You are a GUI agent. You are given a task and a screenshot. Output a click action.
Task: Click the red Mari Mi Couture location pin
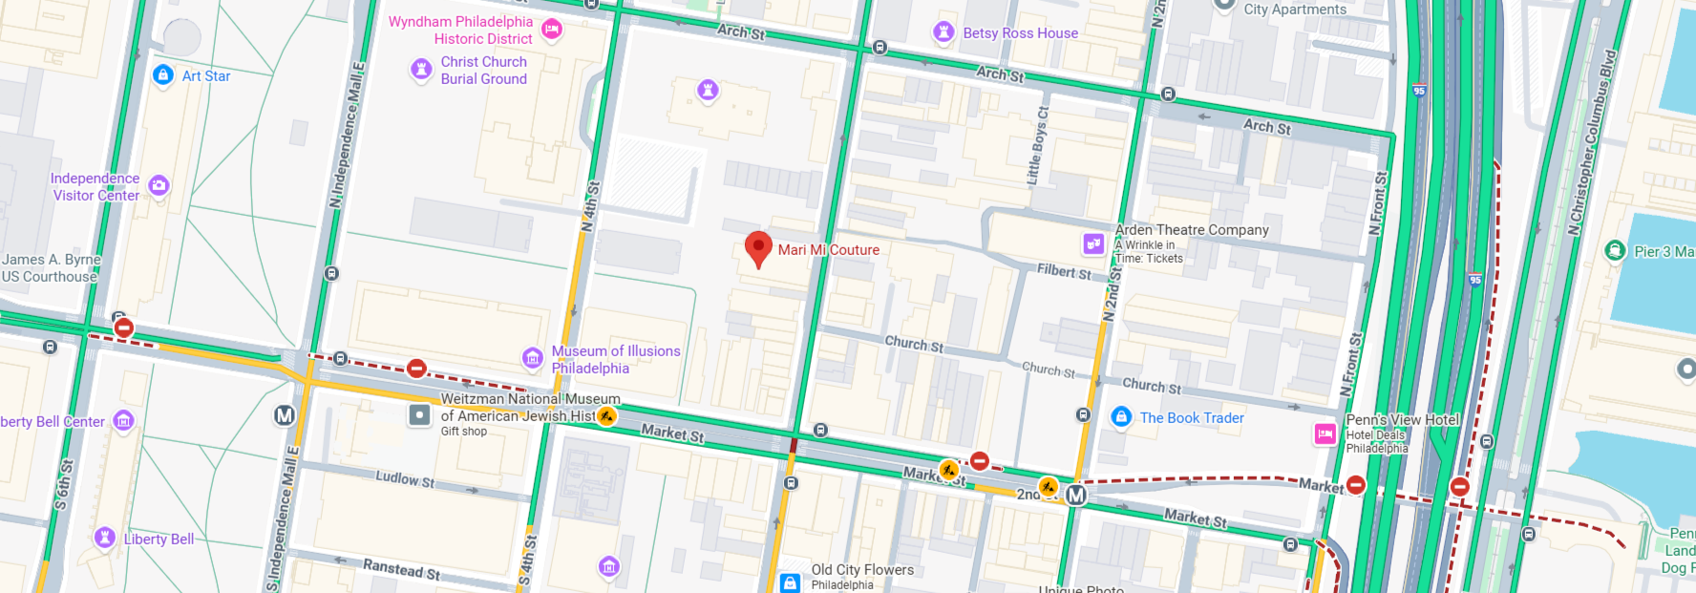(x=758, y=247)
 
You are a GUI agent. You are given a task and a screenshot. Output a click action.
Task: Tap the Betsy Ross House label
(x=1020, y=33)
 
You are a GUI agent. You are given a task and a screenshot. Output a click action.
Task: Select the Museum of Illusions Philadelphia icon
(x=533, y=358)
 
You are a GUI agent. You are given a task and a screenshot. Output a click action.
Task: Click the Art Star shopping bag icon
(x=163, y=74)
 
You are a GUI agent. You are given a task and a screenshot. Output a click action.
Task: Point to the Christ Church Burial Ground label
(x=483, y=71)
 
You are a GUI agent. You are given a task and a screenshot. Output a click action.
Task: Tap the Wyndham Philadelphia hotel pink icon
(x=552, y=30)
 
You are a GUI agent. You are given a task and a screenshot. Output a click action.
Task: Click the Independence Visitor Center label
(x=95, y=187)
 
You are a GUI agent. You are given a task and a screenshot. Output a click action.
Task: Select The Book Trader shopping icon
(x=1121, y=417)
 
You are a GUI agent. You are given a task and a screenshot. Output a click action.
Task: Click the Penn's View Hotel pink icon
(x=1325, y=434)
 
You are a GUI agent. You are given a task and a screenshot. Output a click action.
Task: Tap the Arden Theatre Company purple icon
(x=1093, y=244)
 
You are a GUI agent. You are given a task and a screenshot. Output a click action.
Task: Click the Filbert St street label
(x=1064, y=272)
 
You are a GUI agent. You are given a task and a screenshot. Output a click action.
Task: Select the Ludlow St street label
(x=404, y=478)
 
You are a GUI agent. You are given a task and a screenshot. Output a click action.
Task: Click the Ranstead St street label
(x=401, y=569)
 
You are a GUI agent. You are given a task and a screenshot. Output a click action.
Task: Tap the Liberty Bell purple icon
(x=105, y=538)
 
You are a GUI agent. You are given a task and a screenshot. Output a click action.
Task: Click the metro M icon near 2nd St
(x=1076, y=496)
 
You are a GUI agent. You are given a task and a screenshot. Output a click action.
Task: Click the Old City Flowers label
(x=862, y=570)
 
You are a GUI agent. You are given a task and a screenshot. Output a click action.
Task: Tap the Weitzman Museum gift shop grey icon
(x=419, y=415)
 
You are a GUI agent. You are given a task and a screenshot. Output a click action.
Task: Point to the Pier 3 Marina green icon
(x=1615, y=251)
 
